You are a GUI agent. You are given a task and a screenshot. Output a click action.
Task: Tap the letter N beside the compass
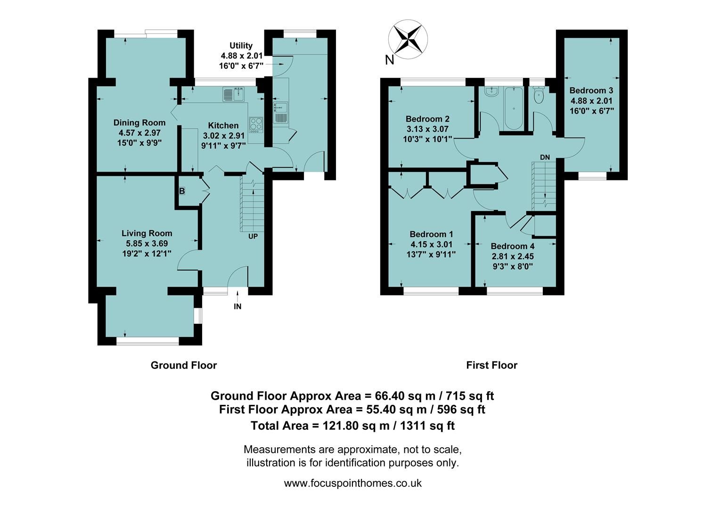390,60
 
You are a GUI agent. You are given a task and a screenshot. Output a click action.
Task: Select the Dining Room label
139,123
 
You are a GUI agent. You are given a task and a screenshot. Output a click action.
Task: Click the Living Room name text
147,233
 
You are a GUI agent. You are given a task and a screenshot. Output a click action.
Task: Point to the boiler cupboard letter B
182,191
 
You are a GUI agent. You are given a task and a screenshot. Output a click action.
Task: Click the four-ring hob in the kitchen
256,124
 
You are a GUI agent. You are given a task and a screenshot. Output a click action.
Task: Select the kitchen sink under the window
233,94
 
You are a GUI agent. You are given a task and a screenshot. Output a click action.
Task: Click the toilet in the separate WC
538,95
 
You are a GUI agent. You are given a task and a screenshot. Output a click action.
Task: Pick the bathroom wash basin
491,91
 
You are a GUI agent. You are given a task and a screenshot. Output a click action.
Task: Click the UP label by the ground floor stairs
253,236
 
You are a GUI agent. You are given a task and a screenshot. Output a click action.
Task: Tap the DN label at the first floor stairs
545,157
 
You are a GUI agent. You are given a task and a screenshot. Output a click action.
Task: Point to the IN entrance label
237,306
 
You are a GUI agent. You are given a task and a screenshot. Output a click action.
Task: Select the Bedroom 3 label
591,90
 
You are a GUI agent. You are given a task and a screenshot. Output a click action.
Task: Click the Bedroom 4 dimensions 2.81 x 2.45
513,256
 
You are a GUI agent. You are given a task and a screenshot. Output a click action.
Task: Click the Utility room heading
241,46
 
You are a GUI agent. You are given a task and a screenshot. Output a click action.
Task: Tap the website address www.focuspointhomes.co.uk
352,483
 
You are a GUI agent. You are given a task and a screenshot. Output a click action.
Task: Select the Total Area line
352,426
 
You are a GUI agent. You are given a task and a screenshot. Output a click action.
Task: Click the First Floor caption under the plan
491,365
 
